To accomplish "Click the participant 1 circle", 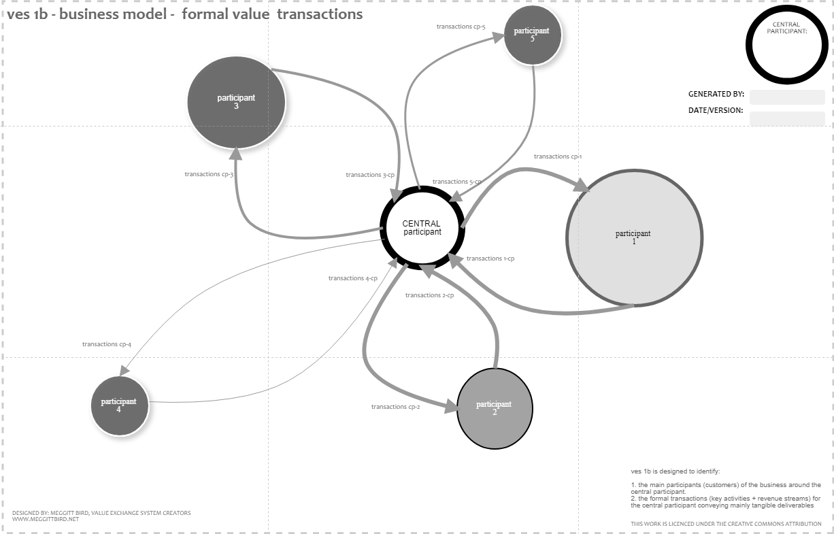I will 634,237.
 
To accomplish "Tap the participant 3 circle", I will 236,101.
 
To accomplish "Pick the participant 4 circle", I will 119,405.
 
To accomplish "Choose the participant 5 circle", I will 533,35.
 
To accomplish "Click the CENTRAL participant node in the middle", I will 422,228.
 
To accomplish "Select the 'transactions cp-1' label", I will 558,156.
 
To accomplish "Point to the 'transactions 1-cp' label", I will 490,258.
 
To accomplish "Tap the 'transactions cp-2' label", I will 395,407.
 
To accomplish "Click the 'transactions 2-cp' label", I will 429,295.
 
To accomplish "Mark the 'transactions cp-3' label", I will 209,174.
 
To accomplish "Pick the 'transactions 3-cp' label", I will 370,175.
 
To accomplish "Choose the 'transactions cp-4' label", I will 107,344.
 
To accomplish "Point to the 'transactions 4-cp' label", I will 352,278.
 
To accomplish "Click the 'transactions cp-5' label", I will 461,27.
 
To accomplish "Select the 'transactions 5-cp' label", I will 456,182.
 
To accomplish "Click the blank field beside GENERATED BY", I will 787,97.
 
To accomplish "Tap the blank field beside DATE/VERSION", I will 787,118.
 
